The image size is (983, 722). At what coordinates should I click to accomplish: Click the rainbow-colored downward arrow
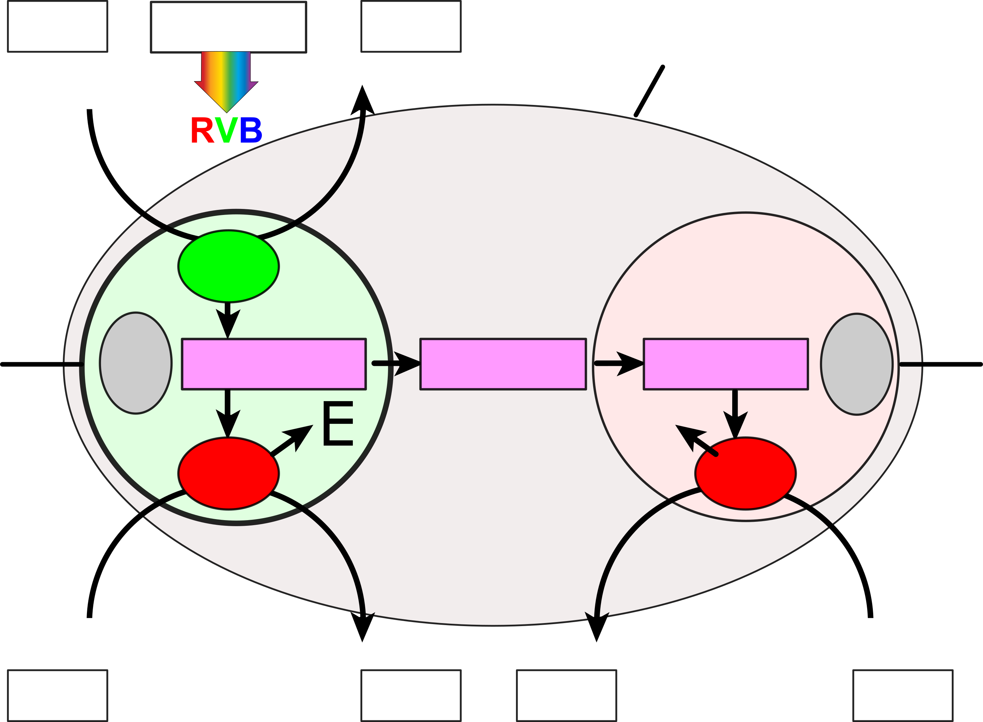[x=226, y=79]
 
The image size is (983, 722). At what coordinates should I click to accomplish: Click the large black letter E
[x=338, y=424]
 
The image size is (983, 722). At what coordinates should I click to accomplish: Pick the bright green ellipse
[x=228, y=266]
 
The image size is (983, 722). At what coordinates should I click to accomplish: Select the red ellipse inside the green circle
[x=228, y=473]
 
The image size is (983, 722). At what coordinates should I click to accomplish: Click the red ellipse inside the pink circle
[x=745, y=473]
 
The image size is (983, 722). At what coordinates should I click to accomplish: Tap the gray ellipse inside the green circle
[x=136, y=363]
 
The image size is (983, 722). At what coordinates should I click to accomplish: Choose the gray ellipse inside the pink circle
[x=856, y=364]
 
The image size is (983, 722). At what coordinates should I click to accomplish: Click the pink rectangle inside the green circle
[x=274, y=364]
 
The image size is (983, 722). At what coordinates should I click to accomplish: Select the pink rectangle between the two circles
[x=503, y=364]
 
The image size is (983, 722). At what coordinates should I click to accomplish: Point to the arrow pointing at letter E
[x=293, y=439]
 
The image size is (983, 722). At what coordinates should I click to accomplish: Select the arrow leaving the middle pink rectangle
[x=619, y=363]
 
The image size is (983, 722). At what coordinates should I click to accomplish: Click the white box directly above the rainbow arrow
[x=228, y=27]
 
